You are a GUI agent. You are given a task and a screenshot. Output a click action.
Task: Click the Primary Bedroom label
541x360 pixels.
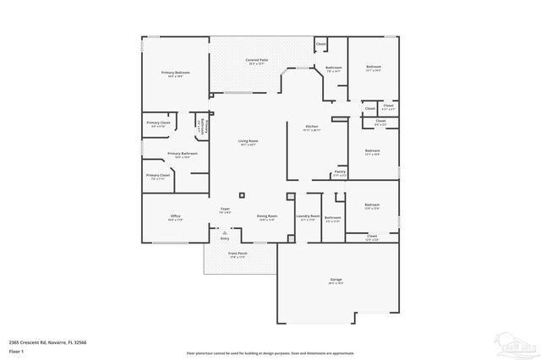(175, 73)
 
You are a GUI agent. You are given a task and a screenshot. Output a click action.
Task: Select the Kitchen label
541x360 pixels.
(313, 126)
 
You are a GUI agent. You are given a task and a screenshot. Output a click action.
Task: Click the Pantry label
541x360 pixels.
(339, 172)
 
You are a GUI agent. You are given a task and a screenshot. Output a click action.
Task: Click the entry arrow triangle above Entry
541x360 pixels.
(225, 232)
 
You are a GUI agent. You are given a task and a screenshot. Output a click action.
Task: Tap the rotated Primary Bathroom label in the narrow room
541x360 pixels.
(199, 127)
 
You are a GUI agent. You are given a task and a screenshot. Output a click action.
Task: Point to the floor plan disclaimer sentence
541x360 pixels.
(270, 352)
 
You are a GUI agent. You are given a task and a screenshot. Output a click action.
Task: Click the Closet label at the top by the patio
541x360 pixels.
(320, 43)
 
